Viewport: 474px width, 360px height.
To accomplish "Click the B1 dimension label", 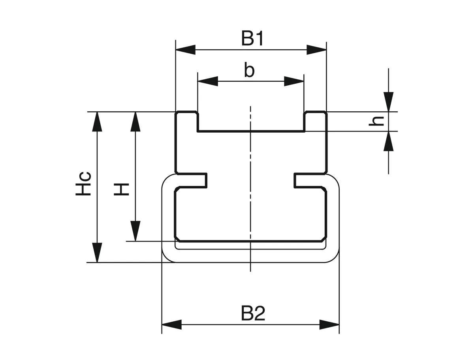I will tap(253, 39).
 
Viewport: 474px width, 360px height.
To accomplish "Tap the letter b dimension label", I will tap(249, 71).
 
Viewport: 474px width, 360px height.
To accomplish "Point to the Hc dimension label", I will tap(84, 184).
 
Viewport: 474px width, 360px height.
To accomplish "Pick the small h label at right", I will tap(378, 121).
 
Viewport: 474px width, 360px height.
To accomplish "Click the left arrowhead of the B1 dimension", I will tap(185, 50).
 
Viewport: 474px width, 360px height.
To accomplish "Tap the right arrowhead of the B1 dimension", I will tap(317, 50).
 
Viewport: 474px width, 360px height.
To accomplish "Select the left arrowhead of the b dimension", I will tap(208, 82).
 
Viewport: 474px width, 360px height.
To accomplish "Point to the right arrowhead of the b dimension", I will tap(294, 82).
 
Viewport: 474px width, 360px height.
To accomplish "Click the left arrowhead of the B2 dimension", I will tap(171, 325).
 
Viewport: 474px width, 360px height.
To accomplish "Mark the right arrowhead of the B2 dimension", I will tap(329, 325).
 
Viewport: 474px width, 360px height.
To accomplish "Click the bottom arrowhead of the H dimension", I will tap(135, 231).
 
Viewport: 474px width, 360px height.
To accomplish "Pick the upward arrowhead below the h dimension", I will tap(389, 141).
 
